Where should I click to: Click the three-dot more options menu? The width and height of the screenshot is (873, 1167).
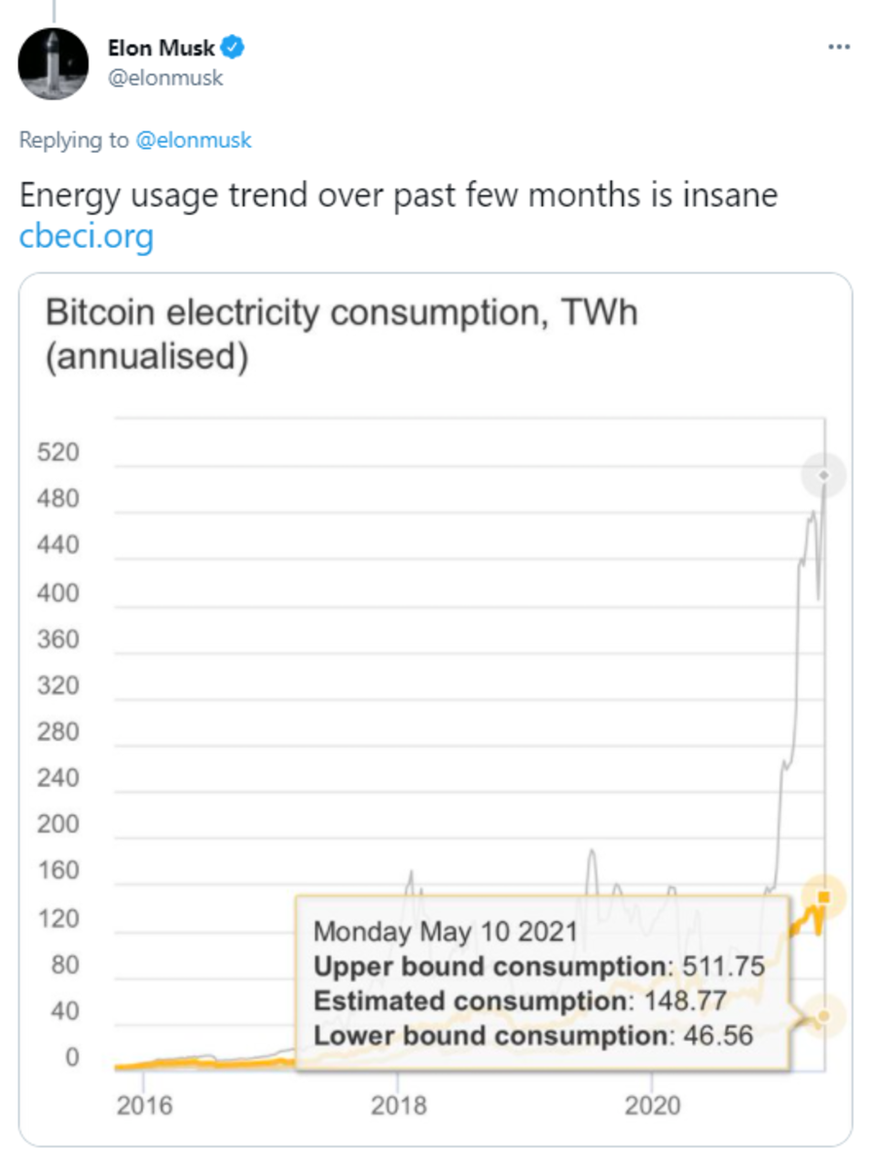click(838, 47)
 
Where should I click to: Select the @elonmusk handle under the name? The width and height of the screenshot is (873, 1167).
click(164, 78)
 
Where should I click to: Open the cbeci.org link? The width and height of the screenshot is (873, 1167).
click(87, 235)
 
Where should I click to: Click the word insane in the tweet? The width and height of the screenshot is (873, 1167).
click(721, 194)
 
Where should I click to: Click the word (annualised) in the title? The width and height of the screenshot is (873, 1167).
click(147, 356)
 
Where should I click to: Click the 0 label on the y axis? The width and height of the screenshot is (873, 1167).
click(71, 1057)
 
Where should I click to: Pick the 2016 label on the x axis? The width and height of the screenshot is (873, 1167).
click(144, 1106)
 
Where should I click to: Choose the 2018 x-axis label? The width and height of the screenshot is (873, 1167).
click(398, 1106)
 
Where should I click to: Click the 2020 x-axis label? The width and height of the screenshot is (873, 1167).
click(651, 1106)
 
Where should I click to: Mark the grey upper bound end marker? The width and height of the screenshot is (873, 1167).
click(823, 476)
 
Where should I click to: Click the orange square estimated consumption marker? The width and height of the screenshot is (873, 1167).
click(824, 897)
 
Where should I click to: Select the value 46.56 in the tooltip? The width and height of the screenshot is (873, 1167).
click(714, 1035)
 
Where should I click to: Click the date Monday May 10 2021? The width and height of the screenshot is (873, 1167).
click(446, 931)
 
